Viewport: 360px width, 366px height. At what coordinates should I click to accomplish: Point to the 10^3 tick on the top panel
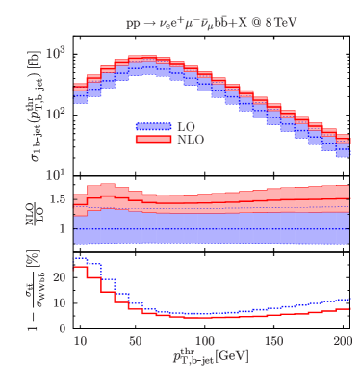(x=57, y=51)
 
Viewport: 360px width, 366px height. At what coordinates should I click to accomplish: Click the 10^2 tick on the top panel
(x=57, y=113)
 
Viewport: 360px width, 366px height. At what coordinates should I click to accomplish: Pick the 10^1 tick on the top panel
(x=57, y=174)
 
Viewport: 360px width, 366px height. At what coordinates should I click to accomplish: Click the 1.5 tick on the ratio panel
(x=57, y=199)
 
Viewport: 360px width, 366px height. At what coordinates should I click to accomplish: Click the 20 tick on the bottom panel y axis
(x=58, y=277)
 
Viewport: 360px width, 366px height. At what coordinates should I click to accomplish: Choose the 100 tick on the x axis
(x=204, y=342)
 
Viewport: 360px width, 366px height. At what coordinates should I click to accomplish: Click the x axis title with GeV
(x=208, y=356)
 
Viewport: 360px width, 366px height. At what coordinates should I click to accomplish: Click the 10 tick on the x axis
(x=80, y=342)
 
